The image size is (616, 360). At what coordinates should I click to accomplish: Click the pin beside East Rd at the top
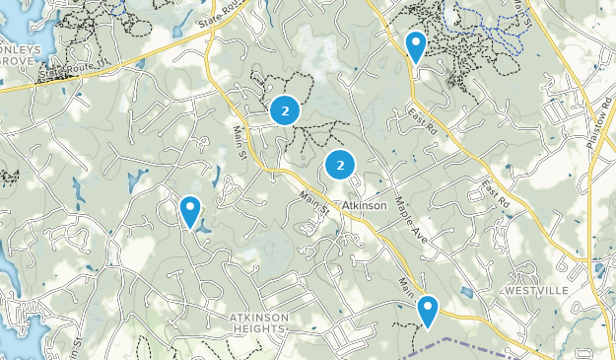pos(416,45)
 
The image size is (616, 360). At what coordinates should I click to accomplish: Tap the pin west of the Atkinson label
pos(190,210)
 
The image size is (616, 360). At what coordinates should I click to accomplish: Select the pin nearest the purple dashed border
pos(428,311)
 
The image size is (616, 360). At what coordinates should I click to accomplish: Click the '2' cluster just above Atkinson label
pos(340,166)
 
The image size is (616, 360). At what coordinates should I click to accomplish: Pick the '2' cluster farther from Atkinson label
pos(285,111)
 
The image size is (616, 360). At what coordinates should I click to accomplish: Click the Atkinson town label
pos(363,204)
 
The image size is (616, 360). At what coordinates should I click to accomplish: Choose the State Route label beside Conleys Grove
pos(66,70)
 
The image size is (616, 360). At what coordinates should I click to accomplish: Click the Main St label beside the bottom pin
pos(407,288)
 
